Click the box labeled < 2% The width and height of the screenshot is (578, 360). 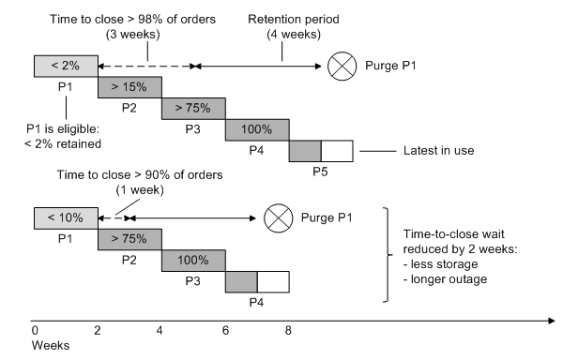(x=66, y=67)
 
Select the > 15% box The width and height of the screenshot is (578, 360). (x=129, y=87)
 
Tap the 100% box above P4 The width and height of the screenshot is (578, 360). (x=257, y=129)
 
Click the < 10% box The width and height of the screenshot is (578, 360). (x=66, y=217)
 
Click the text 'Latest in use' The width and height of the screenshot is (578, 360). (x=442, y=151)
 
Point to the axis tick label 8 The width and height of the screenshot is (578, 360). (x=289, y=330)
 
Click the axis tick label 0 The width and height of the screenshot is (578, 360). (x=35, y=330)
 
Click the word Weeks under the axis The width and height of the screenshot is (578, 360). (x=50, y=345)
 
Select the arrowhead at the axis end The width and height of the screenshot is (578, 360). (x=551, y=322)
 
